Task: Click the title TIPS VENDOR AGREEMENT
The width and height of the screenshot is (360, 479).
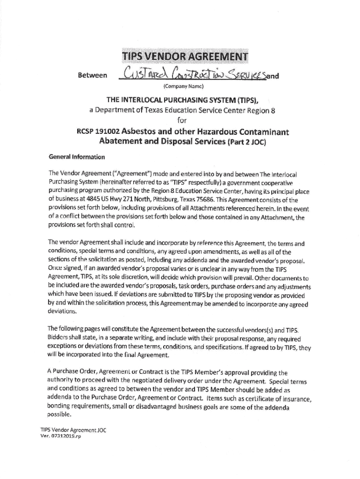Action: (186, 57)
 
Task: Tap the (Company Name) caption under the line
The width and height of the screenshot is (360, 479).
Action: (184, 87)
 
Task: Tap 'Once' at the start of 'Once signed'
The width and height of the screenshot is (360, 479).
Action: (55, 269)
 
